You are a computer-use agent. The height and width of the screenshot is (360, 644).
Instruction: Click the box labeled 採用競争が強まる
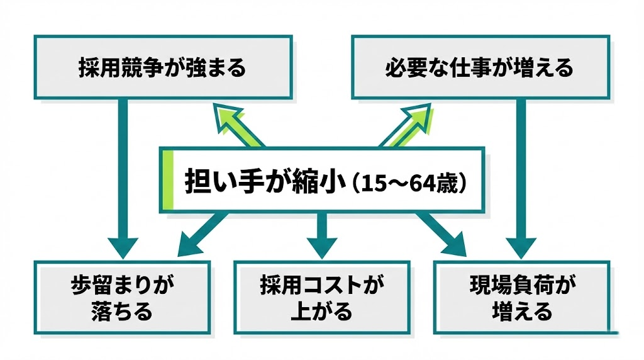(x=162, y=67)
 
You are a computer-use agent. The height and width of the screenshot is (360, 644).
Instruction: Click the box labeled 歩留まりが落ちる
(x=119, y=298)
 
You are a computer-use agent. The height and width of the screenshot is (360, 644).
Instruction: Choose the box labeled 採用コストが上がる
(x=321, y=298)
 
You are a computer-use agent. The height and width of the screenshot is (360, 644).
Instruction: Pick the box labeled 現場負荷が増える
(x=522, y=298)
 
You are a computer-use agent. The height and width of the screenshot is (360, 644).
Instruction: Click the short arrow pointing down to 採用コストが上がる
(x=322, y=236)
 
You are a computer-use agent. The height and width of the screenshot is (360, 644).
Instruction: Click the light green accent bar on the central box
(x=166, y=180)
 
